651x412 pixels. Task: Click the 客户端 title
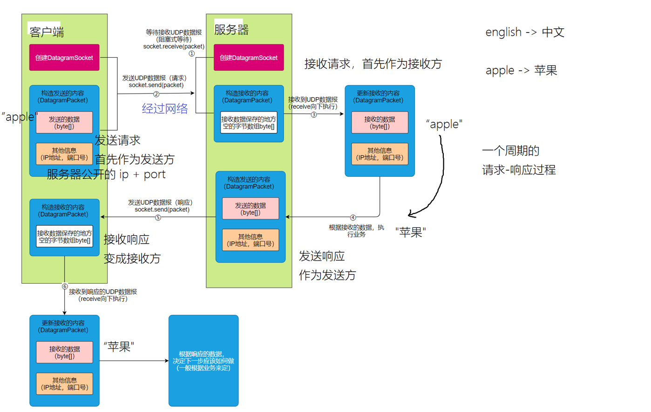[x=46, y=32]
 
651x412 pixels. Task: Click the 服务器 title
[x=231, y=30]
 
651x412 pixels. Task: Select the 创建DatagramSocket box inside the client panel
[x=64, y=58]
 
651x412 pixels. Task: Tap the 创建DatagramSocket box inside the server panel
[x=249, y=58]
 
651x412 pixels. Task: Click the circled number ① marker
[x=191, y=54]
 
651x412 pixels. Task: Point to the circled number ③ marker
[x=314, y=114]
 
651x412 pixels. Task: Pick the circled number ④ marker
[x=353, y=217]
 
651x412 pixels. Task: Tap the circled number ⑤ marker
[x=158, y=217]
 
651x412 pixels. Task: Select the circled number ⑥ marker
[x=65, y=286]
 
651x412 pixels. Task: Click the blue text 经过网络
[x=165, y=108]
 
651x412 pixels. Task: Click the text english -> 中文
[x=525, y=32]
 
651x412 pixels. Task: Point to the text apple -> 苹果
[x=521, y=70]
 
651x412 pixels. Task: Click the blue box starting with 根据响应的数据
[x=203, y=361]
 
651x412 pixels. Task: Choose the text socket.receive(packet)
[x=174, y=47]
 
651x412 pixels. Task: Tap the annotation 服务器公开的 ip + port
[x=106, y=174]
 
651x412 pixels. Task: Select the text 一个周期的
[x=510, y=151]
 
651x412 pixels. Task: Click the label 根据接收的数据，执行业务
[x=356, y=231]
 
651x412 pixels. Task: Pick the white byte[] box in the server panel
[x=249, y=123]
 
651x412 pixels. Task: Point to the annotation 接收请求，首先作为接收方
[x=373, y=64]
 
